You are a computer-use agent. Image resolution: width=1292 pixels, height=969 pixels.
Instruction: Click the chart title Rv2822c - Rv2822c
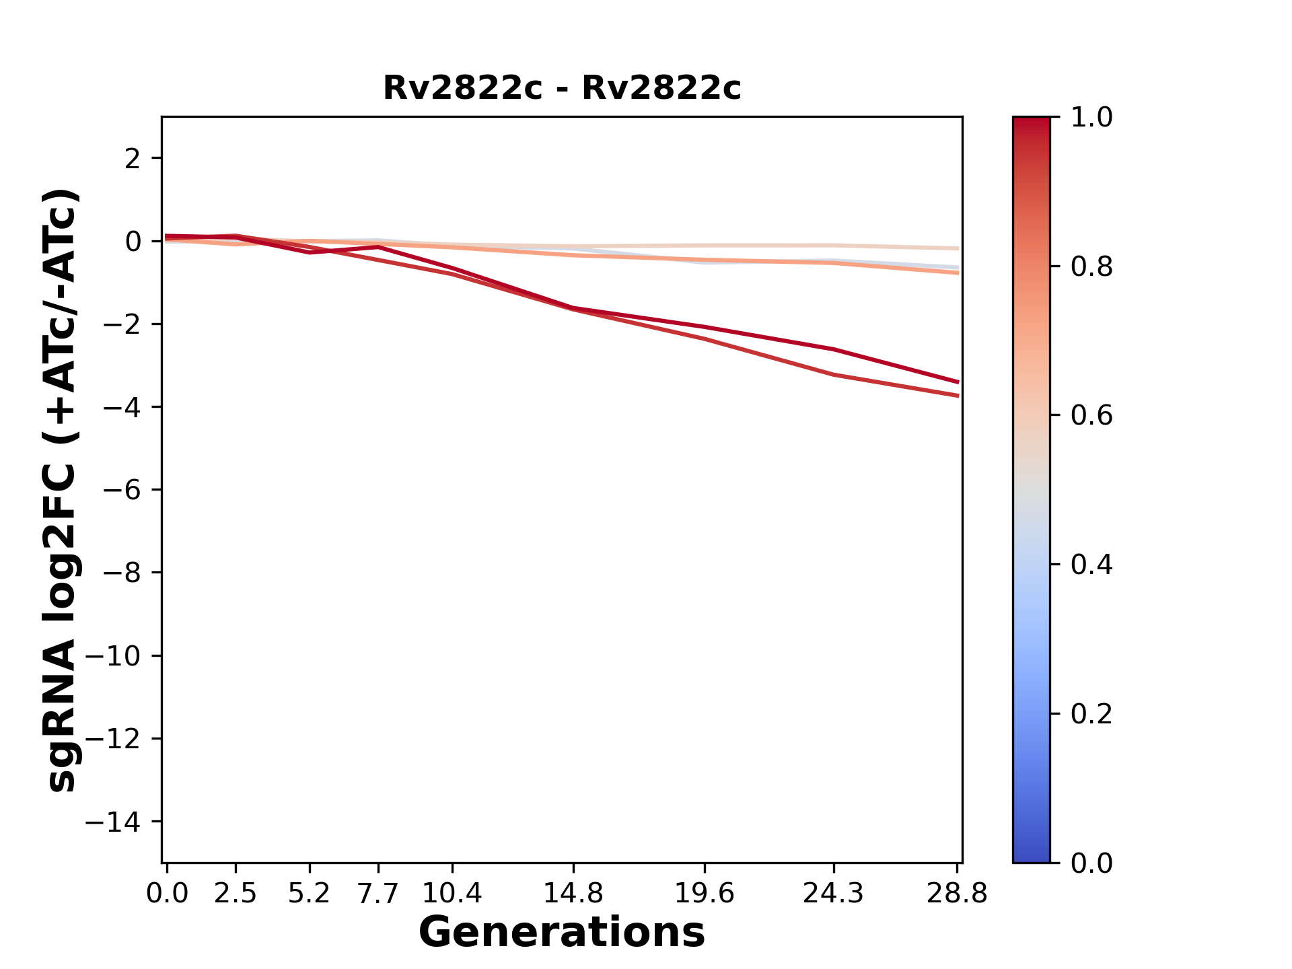coord(562,88)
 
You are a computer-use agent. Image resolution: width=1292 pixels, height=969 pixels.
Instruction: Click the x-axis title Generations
coord(562,933)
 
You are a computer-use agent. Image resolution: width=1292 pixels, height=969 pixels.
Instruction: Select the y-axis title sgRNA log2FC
coord(62,490)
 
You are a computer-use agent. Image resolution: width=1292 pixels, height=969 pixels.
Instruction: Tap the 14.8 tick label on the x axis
coord(573,894)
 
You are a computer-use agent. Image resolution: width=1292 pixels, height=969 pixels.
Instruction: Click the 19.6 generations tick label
coord(705,894)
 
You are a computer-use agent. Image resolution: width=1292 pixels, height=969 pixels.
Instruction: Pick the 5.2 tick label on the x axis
coord(309,894)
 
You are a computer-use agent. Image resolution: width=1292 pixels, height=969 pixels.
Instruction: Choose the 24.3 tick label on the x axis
coord(834,894)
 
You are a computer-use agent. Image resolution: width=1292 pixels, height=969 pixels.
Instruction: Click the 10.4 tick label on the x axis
coord(452,894)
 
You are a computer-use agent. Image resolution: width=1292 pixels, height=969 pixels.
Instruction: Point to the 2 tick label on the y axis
coord(133,159)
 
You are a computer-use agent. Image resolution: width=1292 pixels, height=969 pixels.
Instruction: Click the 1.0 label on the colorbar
coord(1091,118)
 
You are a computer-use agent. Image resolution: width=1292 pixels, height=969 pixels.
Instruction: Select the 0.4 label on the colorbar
coord(1091,565)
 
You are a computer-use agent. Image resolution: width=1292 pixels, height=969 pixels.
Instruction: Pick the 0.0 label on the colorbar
coord(1091,863)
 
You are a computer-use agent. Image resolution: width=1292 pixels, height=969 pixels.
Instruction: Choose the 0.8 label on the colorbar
coord(1091,267)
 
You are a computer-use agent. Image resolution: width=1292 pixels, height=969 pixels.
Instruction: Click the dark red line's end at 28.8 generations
coord(958,382)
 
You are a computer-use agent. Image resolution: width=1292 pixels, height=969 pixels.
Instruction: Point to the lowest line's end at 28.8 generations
coord(958,396)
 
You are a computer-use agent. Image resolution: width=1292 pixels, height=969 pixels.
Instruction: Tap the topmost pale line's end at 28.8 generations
coord(958,248)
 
